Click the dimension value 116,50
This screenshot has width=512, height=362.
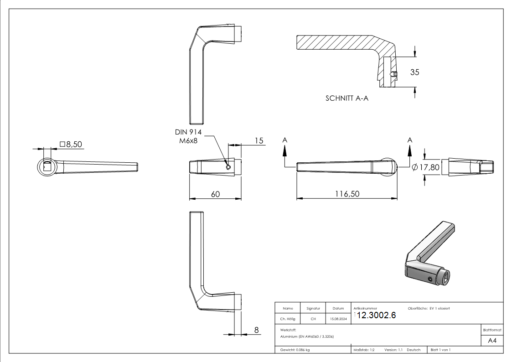pos(347,194)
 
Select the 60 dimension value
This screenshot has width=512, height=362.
pos(216,194)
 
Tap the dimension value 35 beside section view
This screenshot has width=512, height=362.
pos(414,72)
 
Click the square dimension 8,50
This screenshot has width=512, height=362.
pos(71,144)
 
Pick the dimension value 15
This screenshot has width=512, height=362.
pos(259,140)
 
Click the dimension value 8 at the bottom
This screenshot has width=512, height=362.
pos(256,330)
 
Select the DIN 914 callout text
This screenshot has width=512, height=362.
pos(188,132)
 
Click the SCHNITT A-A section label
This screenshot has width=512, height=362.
pos(347,98)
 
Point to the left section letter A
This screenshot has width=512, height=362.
pos(285,140)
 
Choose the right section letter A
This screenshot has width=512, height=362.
pos(409,140)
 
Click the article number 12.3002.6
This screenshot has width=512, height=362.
pos(377,315)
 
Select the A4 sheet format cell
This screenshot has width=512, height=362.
pos(492,341)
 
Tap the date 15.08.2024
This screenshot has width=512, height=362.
pos(338,319)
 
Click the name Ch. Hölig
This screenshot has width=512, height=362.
pos(288,319)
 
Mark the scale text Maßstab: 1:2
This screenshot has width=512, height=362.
pos(364,350)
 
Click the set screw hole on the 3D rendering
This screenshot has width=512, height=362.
pos(430,278)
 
